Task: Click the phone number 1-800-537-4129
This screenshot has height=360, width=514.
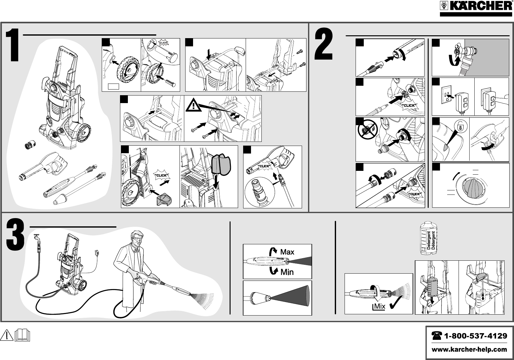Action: coord(475,336)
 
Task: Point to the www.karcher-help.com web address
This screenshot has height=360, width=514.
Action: coord(469,349)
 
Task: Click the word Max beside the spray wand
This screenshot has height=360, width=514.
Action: coord(287,252)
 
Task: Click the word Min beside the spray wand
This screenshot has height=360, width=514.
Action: coord(287,272)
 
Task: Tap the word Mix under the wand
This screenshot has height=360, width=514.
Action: coord(380,306)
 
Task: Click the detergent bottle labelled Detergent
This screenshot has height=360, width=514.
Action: coord(430,238)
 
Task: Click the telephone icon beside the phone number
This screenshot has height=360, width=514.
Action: coord(437,336)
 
